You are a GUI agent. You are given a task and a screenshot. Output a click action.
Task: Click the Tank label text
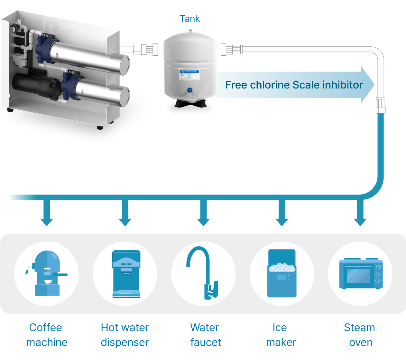[x=190, y=19]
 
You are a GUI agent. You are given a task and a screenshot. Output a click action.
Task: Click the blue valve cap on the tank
[x=190, y=90]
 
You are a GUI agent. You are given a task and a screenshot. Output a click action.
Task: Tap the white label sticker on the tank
[x=189, y=76]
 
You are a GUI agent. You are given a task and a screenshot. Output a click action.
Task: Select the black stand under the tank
[x=189, y=107]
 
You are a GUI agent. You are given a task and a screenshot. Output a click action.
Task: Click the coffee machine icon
[x=47, y=274]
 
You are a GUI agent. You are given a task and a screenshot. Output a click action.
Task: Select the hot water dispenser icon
[x=125, y=274]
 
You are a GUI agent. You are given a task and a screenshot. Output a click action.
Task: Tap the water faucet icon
[x=204, y=274]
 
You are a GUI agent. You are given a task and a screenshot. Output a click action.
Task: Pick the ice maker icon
[x=282, y=274]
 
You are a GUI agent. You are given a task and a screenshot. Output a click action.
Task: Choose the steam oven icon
[x=360, y=274]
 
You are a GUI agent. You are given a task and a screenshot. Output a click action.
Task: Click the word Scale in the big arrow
[x=306, y=85]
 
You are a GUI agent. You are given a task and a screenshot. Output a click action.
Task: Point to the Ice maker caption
[x=281, y=335]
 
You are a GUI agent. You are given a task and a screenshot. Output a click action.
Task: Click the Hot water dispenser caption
[x=125, y=335]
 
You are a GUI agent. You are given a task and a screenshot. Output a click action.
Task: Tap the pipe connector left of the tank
[x=145, y=50]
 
